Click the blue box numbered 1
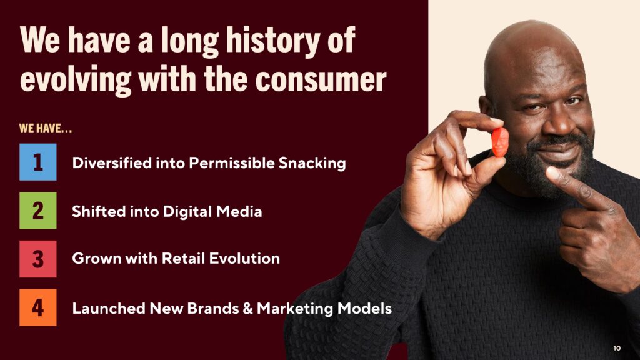38,162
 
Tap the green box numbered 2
38,210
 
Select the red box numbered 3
38,259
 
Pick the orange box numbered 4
38,307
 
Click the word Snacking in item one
312,163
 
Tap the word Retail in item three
183,258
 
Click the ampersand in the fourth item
247,308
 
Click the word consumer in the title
321,79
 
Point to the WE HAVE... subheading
45,129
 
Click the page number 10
617,348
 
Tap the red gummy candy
499,142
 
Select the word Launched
109,308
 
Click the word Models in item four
364,308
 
